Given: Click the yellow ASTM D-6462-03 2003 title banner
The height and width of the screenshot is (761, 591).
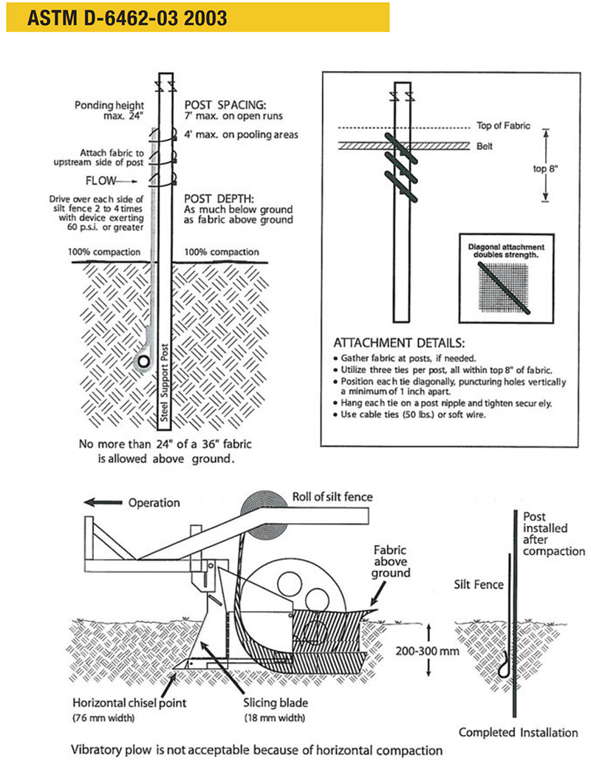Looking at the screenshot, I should coord(197,16).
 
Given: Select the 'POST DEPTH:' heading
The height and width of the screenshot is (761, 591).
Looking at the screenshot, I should coord(218,198).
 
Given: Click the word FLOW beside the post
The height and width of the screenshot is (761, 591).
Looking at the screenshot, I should coord(108,180).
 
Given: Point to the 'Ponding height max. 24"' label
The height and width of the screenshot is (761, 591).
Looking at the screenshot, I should coord(109,111).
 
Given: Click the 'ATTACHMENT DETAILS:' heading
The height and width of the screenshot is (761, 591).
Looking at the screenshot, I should coord(400,344).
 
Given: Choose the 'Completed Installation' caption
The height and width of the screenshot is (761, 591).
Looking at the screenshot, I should coord(518,732).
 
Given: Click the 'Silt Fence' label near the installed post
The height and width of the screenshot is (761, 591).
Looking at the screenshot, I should coord(479,585).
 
